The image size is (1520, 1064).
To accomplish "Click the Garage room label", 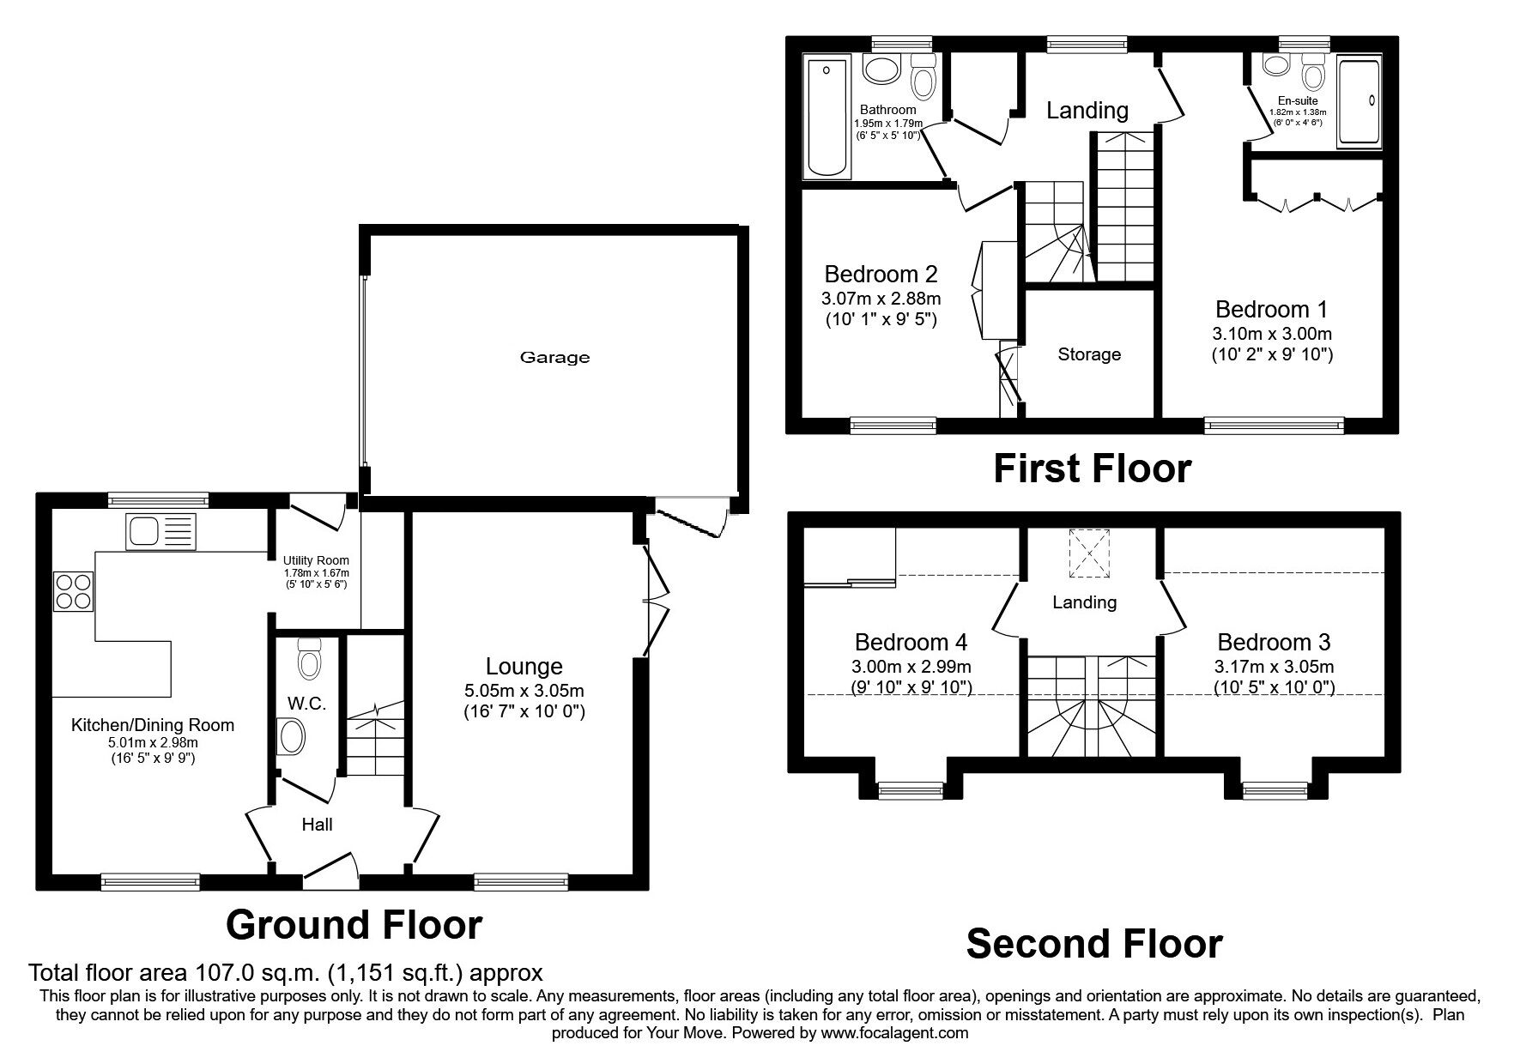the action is point(554,358).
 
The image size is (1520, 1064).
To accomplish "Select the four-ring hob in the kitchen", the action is point(75,590).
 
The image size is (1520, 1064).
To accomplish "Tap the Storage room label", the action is point(1089,354).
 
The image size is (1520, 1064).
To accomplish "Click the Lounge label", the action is point(524,666).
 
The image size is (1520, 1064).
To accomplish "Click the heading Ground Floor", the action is point(354,925).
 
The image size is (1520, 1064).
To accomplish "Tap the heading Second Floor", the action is point(1094,944).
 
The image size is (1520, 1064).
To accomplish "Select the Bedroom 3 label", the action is point(1274,642).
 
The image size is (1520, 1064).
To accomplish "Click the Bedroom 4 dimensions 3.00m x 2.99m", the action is point(911,667).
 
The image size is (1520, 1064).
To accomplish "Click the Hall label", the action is point(317,825).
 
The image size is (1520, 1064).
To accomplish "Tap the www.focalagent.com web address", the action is point(894,1033).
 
